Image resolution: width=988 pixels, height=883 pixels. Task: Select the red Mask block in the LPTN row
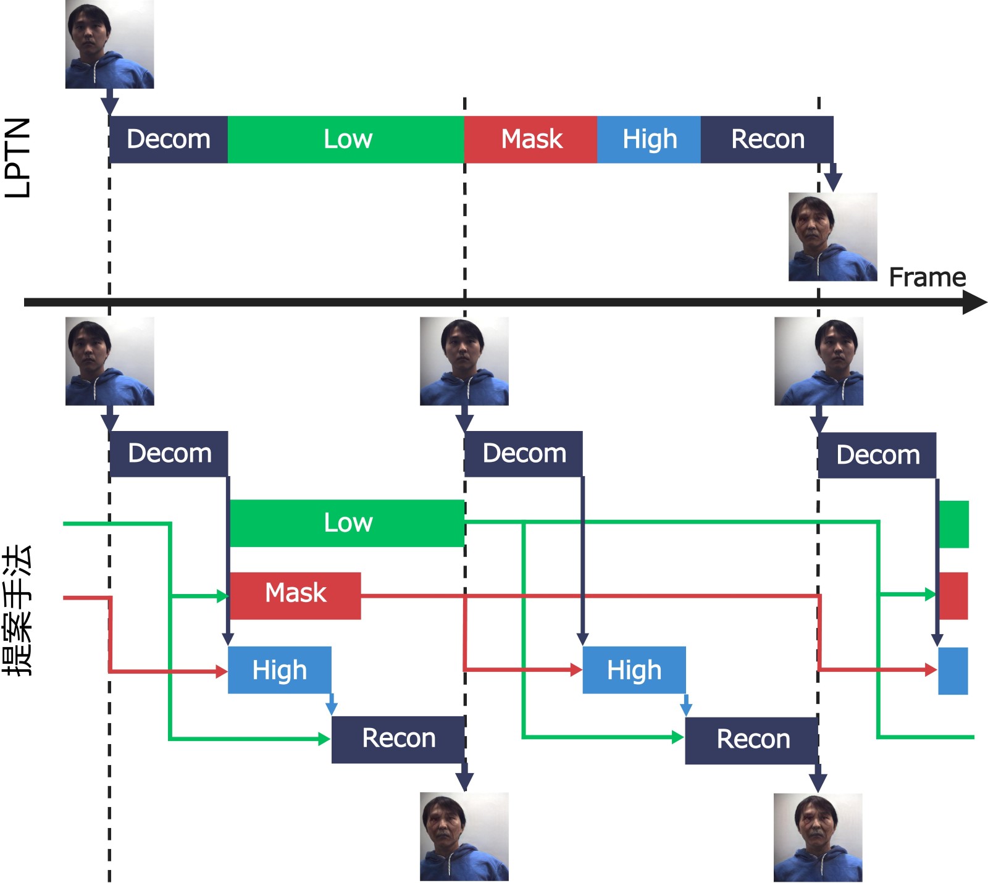pos(530,140)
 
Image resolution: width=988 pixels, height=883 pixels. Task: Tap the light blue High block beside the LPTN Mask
pos(649,140)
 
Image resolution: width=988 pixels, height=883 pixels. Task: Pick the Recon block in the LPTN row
pos(767,140)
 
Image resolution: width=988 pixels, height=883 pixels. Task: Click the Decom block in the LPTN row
pos(169,140)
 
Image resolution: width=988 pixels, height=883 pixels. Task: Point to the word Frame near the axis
pos(927,277)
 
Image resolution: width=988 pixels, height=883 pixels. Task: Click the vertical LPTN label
pos(18,157)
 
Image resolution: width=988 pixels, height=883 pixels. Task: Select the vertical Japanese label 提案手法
pos(18,610)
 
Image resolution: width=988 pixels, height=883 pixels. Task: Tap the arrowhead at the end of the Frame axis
pos(976,303)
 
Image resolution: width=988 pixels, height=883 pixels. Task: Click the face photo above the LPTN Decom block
pos(109,44)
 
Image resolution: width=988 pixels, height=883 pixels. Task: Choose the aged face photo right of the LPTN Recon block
pos(832,237)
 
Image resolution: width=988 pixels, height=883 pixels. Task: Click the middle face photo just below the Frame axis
pos(464,361)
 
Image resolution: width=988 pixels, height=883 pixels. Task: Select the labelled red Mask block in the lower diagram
pos(295,596)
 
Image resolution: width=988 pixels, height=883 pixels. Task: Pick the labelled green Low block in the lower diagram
pos(347,523)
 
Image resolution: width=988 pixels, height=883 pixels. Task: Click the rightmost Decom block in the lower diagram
pos(877,456)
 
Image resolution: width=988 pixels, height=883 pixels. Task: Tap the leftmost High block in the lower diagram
pos(280,670)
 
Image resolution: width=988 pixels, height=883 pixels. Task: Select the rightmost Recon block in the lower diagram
pos(752,740)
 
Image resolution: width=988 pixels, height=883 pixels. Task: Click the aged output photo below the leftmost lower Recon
pos(464,837)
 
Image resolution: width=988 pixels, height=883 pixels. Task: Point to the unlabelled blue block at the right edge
pos(953,671)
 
